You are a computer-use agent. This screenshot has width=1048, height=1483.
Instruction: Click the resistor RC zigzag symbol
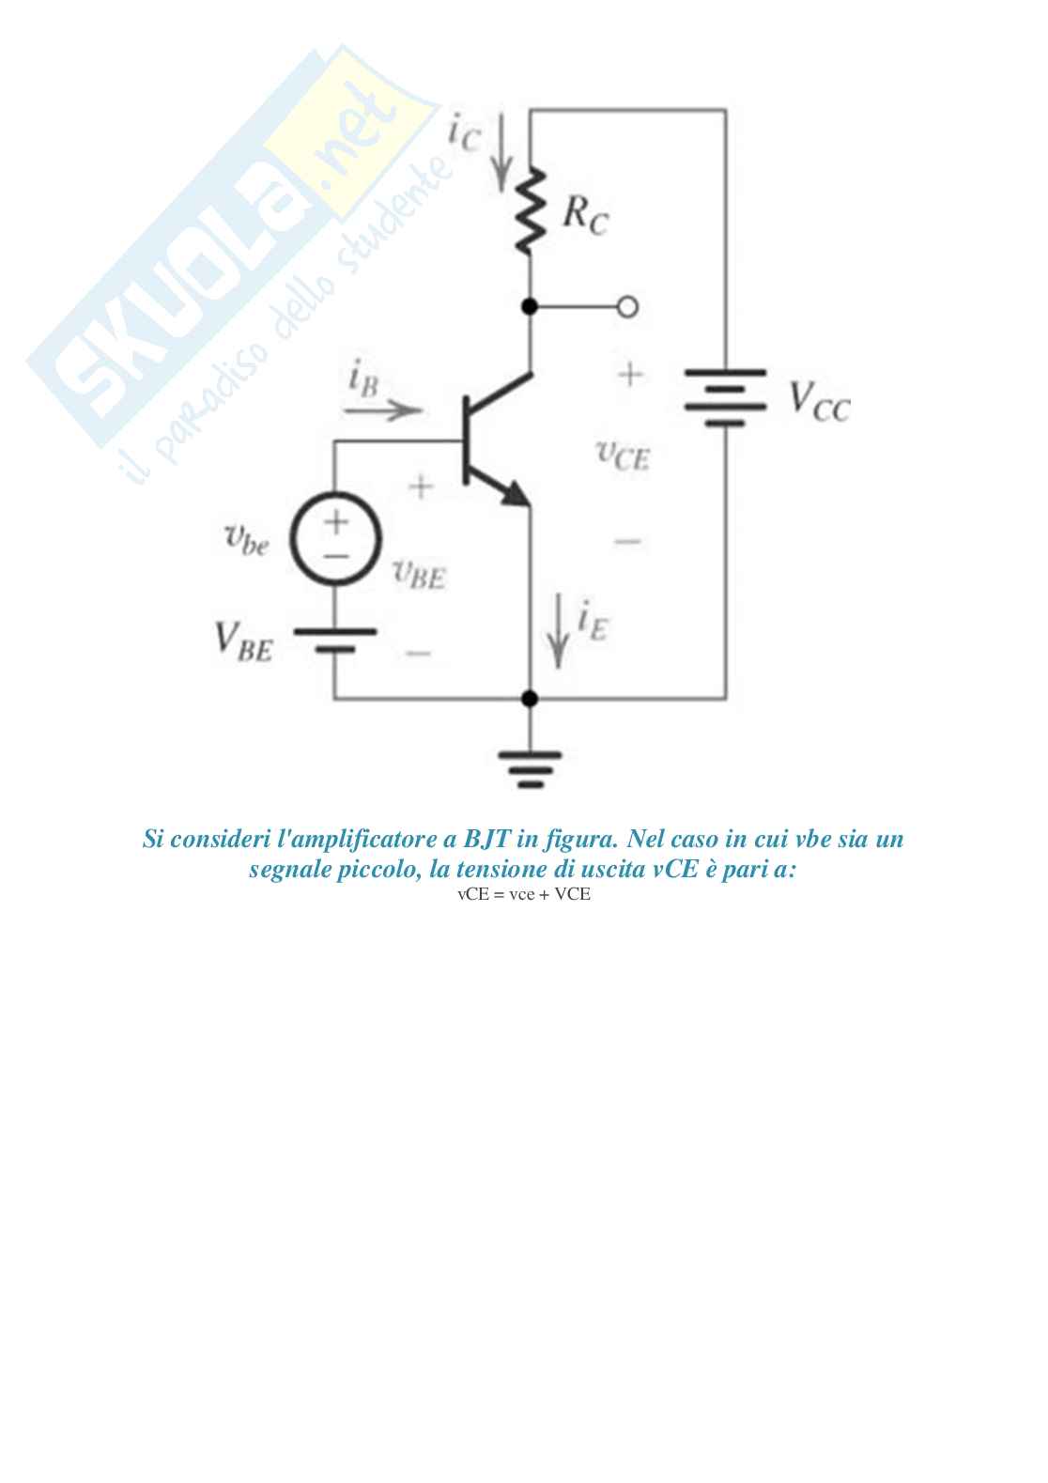[530, 210]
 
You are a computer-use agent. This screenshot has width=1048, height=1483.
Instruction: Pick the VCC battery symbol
[725, 396]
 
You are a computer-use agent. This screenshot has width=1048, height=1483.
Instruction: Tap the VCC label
[819, 402]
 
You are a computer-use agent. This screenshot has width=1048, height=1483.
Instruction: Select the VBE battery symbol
[335, 640]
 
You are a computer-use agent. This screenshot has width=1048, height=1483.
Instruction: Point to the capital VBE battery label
[243, 641]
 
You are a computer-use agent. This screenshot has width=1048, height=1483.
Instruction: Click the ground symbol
[530, 768]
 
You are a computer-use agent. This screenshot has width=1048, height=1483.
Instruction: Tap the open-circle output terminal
[627, 307]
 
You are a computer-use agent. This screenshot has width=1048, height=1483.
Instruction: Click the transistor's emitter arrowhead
[514, 494]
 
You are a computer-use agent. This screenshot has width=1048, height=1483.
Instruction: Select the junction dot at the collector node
[530, 306]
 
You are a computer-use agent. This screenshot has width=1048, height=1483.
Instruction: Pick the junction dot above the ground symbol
[530, 699]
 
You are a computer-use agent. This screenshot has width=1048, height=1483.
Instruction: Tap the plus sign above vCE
[630, 374]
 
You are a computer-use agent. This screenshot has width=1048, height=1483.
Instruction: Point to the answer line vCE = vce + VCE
[524, 894]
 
